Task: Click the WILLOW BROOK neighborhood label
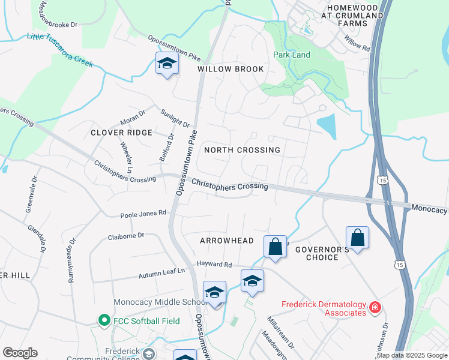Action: (231, 69)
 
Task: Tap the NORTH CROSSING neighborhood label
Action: (242, 150)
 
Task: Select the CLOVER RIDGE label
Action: (121, 133)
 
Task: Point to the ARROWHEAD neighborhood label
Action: (227, 241)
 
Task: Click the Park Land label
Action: (292, 55)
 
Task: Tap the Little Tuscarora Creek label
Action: (60, 50)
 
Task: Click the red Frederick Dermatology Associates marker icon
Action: (375, 308)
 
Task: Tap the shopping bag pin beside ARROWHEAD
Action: (275, 247)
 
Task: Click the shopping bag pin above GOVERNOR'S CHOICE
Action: (357, 238)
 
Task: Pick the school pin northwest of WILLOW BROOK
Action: (167, 63)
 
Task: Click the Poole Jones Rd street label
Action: (142, 212)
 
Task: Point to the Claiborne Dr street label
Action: (126, 236)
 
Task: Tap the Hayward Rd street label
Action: (214, 264)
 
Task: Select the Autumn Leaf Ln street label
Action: (161, 272)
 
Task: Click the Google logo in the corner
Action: (20, 353)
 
